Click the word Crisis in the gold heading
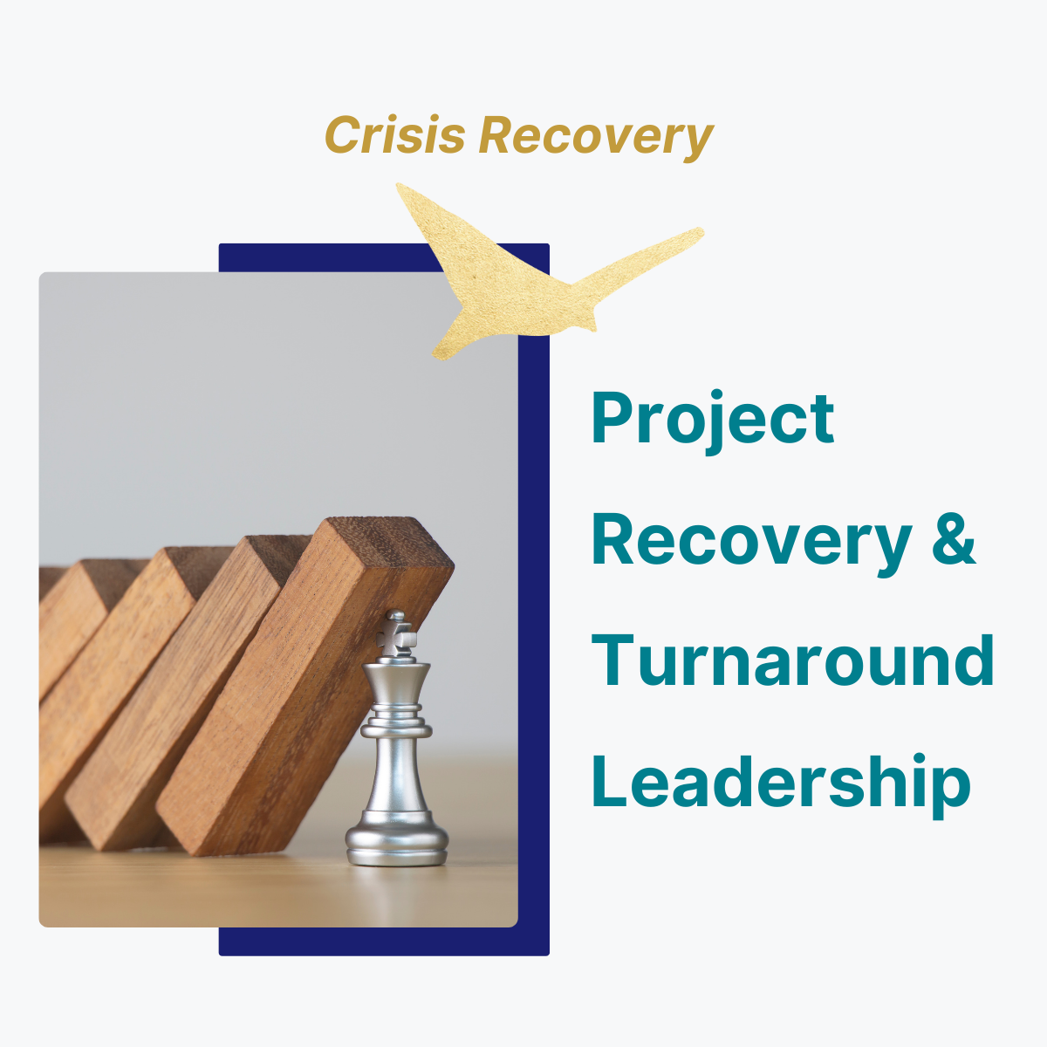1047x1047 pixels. (395, 134)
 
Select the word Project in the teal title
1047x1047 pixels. (712, 421)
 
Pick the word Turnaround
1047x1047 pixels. (793, 660)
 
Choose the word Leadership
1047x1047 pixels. (781, 784)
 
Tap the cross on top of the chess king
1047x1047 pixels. (396, 634)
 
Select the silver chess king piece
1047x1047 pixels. (397, 739)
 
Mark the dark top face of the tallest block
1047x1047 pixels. (389, 544)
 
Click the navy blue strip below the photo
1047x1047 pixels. (384, 941)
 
